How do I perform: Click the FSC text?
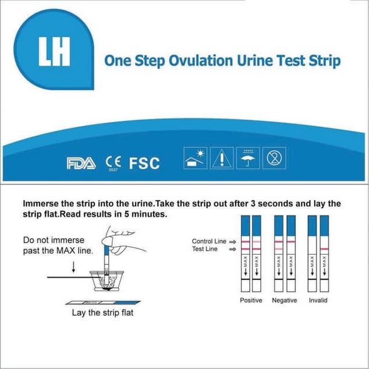click(144, 164)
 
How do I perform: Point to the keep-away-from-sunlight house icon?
click(194, 157)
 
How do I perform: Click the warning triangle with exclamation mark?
click(221, 157)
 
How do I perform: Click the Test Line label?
click(205, 249)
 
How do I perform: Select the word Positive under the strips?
click(251, 300)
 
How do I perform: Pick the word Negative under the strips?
click(285, 300)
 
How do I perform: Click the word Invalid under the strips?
click(318, 300)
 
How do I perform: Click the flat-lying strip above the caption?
click(104, 302)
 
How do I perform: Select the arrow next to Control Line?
click(232, 241)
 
